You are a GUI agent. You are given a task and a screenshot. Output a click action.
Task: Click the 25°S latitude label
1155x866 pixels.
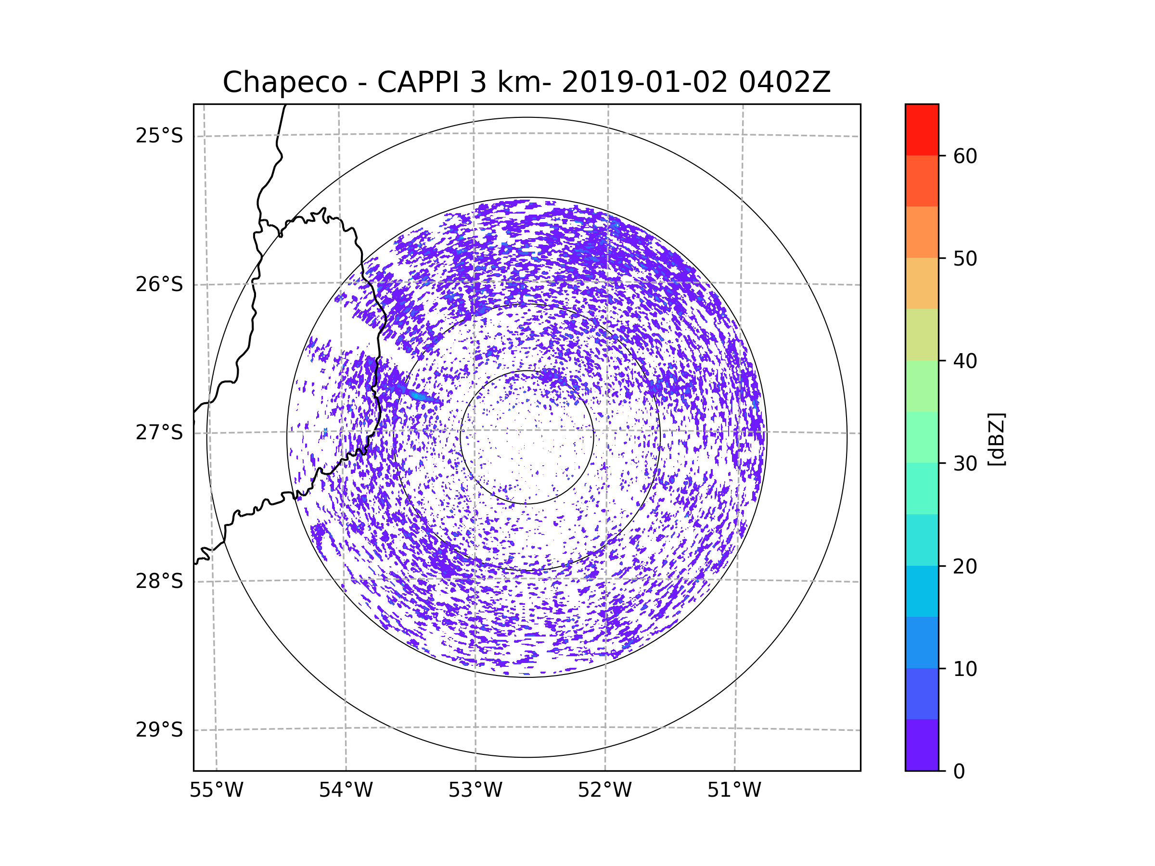tap(159, 136)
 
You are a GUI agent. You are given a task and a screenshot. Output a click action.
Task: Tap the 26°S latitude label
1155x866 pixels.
tap(159, 284)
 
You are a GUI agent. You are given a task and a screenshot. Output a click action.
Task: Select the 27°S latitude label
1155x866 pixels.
tap(159, 433)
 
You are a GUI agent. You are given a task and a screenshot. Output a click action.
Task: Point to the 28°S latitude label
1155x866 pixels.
tap(159, 581)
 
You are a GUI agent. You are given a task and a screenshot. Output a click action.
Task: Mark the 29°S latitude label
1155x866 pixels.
tap(159, 730)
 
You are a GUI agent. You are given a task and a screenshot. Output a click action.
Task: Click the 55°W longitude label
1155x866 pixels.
tap(216, 790)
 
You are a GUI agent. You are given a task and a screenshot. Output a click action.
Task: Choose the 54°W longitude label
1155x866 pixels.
tap(346, 790)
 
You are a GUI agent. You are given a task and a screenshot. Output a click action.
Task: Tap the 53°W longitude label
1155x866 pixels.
tap(475, 790)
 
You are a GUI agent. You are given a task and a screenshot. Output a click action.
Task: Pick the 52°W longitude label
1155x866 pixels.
tap(604, 790)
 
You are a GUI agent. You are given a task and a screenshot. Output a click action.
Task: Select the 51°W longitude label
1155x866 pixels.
tap(734, 790)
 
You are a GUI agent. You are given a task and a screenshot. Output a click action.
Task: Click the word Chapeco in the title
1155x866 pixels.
tap(285, 82)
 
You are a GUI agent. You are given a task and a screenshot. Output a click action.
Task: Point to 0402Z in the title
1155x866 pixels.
tap(784, 82)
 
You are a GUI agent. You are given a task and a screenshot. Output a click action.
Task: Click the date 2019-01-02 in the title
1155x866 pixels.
tap(644, 82)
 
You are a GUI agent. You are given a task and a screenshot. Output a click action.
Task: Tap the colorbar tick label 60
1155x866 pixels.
tap(965, 156)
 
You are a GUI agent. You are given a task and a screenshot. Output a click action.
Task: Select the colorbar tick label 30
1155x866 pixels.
tap(965, 463)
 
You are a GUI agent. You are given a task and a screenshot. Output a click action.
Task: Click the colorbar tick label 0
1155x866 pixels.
tap(959, 772)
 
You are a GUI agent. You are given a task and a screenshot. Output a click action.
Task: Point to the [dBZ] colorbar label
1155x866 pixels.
tap(996, 439)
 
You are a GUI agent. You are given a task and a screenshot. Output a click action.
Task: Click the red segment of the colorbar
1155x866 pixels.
tap(922, 130)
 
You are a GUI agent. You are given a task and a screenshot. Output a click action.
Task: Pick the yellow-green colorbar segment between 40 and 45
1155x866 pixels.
tap(922, 334)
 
